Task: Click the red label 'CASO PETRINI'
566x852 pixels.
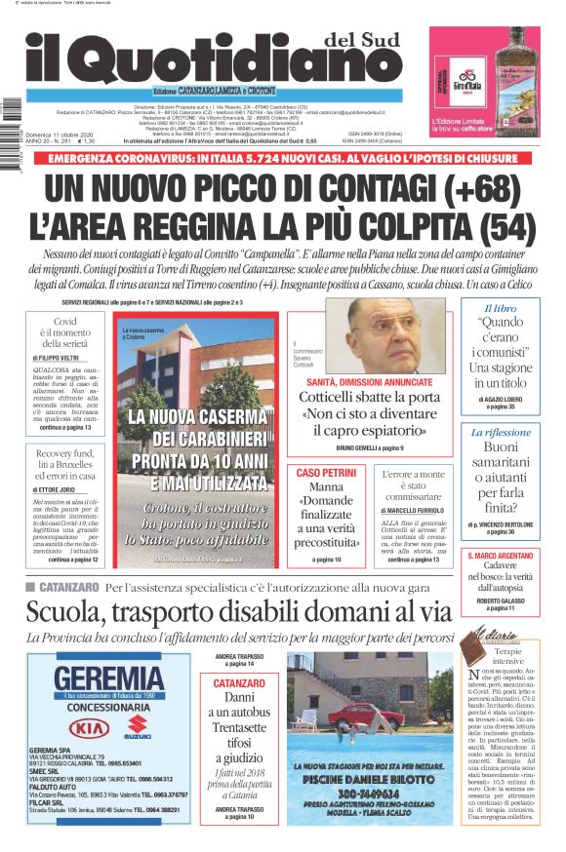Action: [326, 473]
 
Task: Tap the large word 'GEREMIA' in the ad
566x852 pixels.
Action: [109, 678]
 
